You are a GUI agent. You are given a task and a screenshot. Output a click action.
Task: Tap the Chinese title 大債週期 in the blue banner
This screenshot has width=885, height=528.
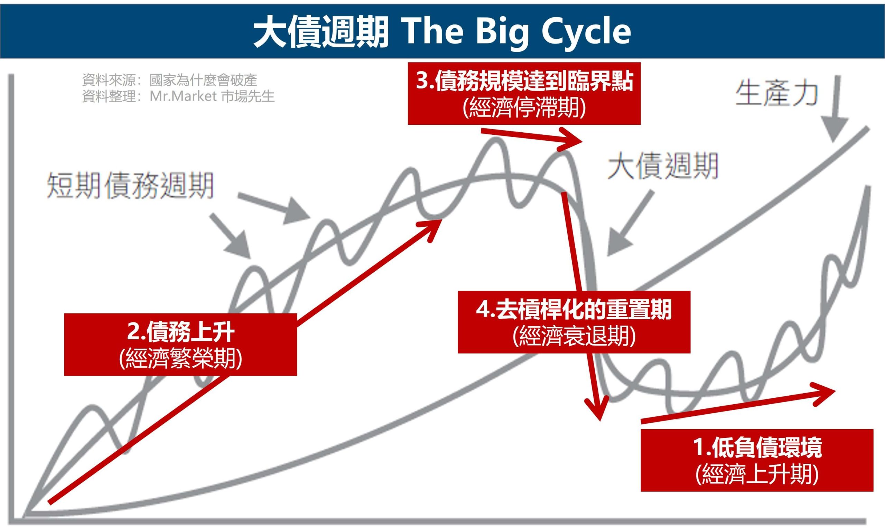click(x=320, y=32)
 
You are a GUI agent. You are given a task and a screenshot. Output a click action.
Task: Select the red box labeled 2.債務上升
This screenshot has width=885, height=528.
click(x=180, y=344)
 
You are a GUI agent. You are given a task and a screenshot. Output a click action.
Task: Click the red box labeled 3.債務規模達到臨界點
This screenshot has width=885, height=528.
click(x=524, y=93)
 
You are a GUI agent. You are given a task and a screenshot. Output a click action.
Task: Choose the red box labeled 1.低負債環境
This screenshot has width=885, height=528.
click(x=757, y=460)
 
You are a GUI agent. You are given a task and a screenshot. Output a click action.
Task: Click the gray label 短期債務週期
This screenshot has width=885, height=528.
click(x=130, y=185)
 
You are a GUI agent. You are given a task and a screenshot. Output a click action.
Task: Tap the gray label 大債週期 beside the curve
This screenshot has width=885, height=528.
click(x=663, y=166)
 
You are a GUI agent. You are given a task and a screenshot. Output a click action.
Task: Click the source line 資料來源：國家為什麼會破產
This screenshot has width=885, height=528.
click(x=169, y=80)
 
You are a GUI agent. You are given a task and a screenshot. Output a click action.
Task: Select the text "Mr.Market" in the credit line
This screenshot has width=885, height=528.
click(x=183, y=96)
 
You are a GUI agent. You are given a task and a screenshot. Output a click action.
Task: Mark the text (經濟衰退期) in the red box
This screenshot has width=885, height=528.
click(x=574, y=336)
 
